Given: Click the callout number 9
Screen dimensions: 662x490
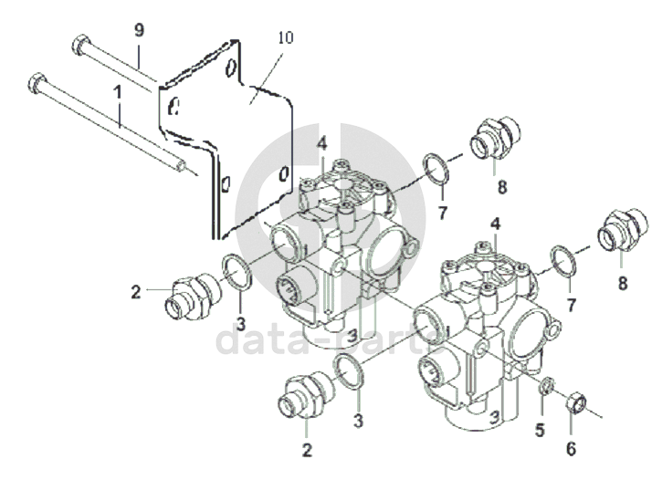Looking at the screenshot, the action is click(x=139, y=30).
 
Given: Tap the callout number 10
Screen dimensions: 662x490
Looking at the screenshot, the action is click(x=286, y=37).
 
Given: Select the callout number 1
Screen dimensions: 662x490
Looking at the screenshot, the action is click(x=118, y=93).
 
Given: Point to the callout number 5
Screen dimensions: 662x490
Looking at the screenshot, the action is click(x=540, y=431).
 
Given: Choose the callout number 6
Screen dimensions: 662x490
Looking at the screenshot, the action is click(x=571, y=449).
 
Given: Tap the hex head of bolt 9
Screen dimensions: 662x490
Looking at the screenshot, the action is click(x=80, y=45).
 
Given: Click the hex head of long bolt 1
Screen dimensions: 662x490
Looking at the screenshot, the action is click(x=37, y=83).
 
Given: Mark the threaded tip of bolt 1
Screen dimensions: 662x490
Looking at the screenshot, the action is click(x=181, y=165).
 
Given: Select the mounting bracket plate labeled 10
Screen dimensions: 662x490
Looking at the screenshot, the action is click(x=226, y=140).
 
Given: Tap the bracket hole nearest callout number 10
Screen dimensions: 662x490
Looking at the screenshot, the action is click(x=230, y=68).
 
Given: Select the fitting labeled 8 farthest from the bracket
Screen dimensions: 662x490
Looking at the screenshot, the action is click(x=623, y=229).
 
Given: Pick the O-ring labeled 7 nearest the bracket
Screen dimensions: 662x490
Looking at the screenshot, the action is click(x=436, y=169).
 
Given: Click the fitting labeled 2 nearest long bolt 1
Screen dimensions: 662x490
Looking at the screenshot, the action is click(x=193, y=296).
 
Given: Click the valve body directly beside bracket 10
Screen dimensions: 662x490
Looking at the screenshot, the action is click(x=344, y=254).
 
